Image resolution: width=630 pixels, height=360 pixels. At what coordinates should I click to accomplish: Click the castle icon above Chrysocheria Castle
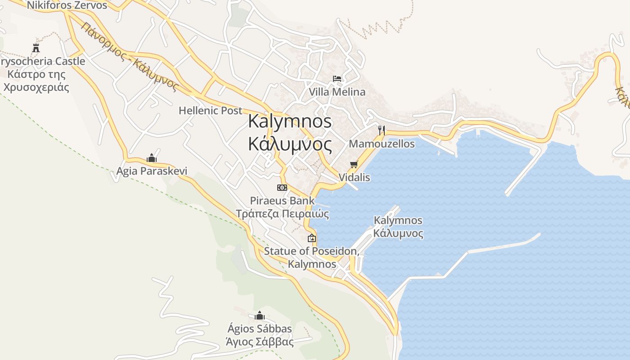[36, 48]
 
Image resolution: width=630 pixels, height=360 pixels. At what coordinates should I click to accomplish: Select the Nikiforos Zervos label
[67, 5]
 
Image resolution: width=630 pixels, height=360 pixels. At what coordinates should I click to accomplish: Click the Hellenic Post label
[210, 110]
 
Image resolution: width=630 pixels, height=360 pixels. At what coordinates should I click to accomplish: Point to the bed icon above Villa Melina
[337, 79]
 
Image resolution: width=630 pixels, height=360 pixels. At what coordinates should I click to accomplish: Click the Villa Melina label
[337, 92]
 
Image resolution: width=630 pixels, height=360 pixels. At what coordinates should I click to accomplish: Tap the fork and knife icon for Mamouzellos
[382, 130]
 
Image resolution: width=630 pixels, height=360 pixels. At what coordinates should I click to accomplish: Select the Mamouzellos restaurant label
[382, 144]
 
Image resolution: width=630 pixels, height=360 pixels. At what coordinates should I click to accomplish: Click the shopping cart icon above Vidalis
[354, 165]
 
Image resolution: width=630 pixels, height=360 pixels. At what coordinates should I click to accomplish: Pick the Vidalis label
[354, 177]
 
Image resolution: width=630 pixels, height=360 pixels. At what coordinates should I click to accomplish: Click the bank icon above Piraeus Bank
[282, 188]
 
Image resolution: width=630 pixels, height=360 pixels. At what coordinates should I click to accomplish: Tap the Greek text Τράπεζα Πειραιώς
[283, 214]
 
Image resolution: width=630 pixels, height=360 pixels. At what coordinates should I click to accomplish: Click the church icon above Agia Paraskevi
[152, 158]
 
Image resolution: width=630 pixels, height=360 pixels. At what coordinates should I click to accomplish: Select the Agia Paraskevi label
[152, 171]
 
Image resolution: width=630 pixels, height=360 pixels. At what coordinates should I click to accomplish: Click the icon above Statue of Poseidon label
[311, 238]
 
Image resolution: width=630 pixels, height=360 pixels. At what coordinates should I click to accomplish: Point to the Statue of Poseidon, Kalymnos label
[311, 257]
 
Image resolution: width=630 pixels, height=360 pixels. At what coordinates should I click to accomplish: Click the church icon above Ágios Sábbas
[260, 315]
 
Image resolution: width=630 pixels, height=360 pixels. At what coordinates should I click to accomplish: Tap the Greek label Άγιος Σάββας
[260, 342]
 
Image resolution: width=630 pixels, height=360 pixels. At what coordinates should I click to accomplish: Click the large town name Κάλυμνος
[290, 144]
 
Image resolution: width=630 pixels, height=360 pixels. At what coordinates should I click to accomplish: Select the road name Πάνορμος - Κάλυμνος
[130, 56]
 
